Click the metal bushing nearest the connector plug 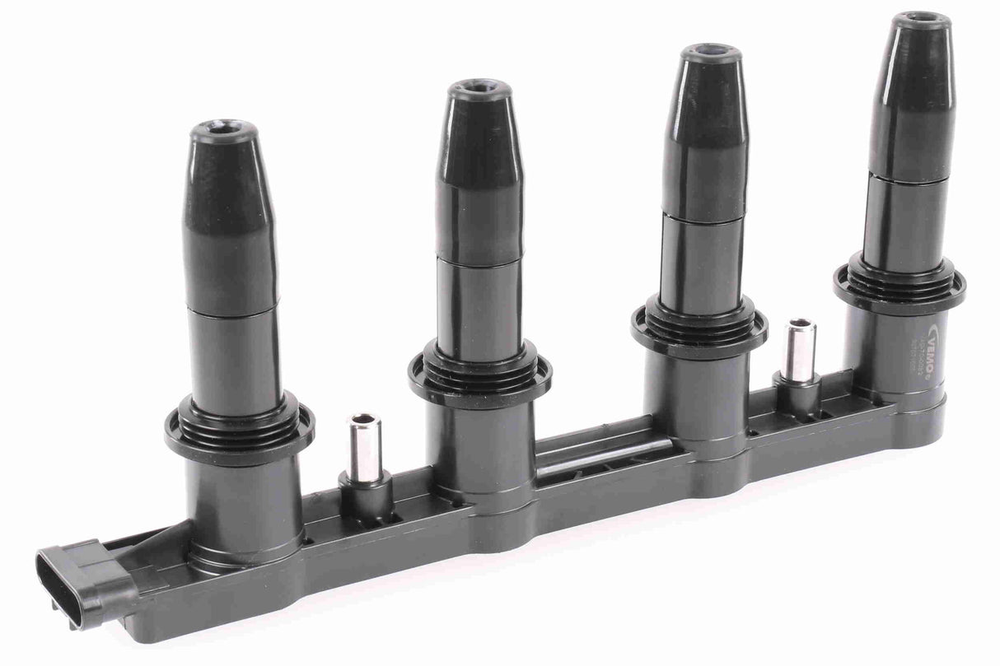363,449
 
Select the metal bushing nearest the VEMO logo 799,351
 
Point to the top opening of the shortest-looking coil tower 223,130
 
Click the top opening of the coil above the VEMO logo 922,19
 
